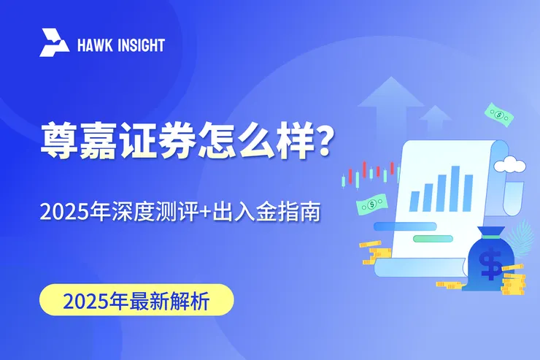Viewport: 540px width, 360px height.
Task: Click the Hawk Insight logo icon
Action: click(55, 43)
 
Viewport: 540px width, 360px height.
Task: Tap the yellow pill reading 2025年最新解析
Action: click(136, 300)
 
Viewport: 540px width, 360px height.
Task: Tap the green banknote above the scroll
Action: click(499, 114)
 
